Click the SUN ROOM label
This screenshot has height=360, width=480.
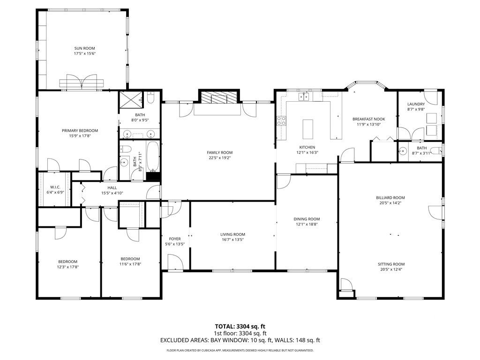tap(84, 48)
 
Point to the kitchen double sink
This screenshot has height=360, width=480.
tap(305, 97)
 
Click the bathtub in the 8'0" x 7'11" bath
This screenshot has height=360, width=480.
tap(153, 157)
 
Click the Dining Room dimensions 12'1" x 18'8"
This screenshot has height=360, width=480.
tap(307, 225)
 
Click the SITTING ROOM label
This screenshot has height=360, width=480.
tap(391, 264)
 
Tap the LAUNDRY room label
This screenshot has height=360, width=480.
tap(416, 104)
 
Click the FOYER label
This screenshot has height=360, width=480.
tap(175, 239)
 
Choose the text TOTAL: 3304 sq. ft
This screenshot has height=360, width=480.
tap(240, 326)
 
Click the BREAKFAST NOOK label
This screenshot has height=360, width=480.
tap(368, 120)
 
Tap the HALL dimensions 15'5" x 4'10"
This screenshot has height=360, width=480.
tap(112, 193)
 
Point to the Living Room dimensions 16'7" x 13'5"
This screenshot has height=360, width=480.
tap(233, 240)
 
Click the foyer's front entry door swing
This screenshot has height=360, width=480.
tap(174, 262)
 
